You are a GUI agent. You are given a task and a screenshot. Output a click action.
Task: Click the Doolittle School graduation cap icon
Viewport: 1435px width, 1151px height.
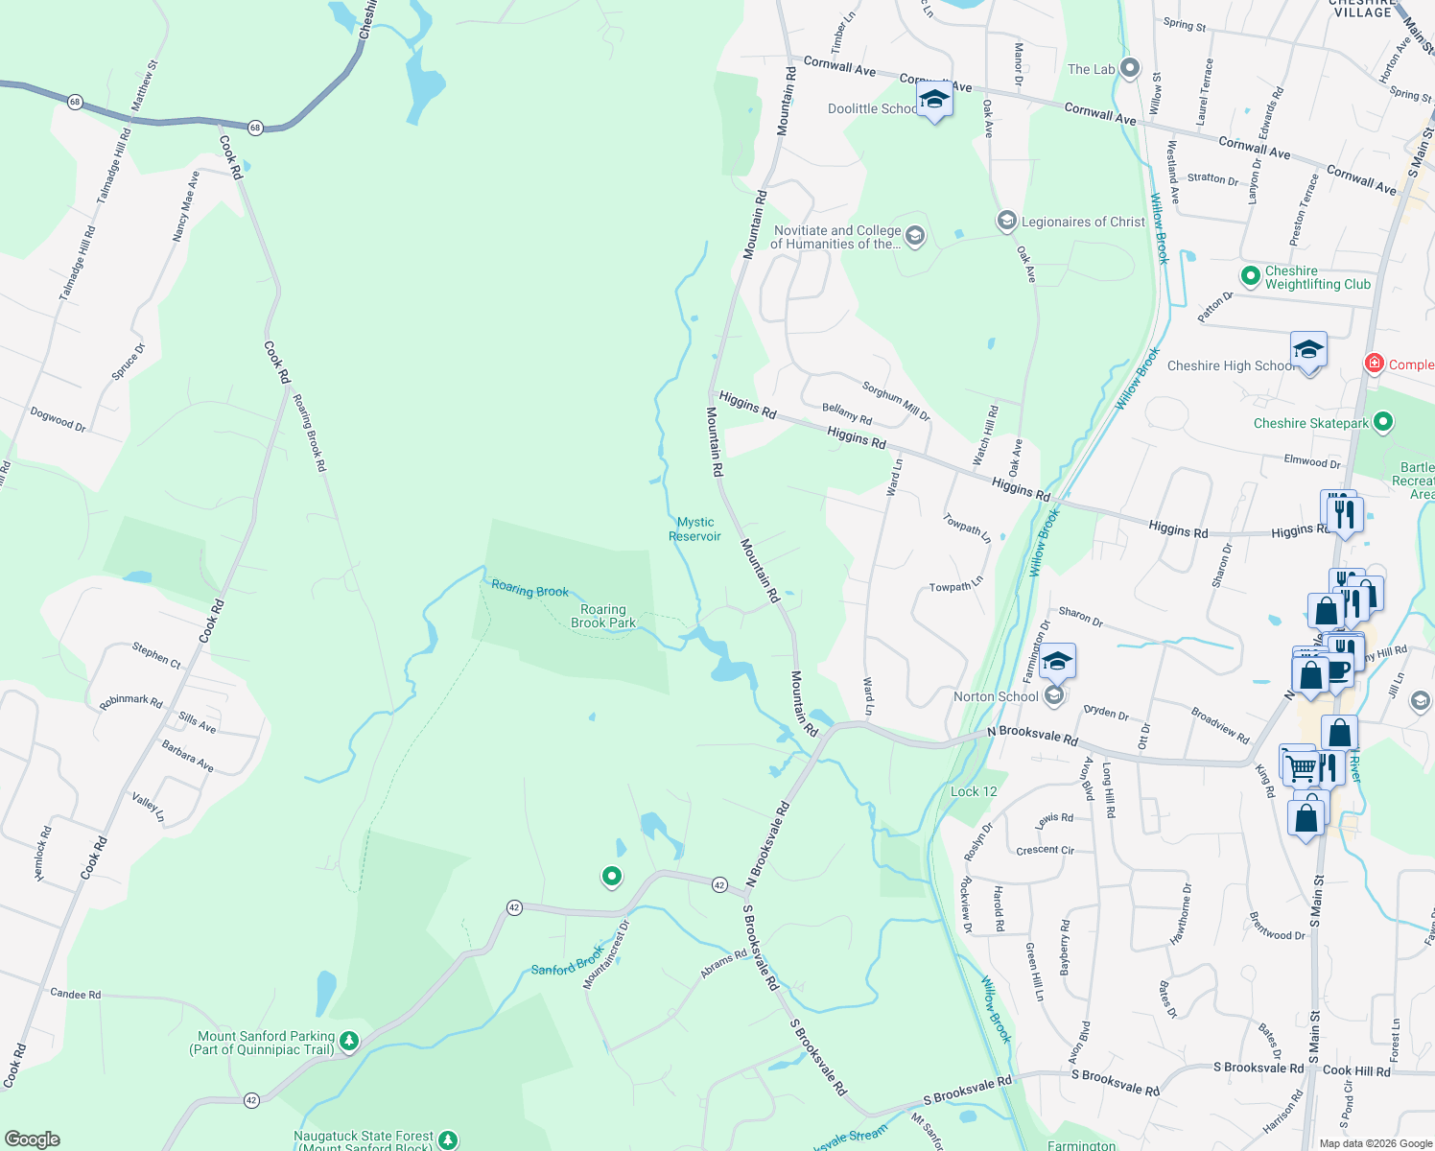pyautogui.click(x=934, y=100)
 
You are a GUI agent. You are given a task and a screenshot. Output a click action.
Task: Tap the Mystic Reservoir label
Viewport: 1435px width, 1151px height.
pyautogui.click(x=694, y=529)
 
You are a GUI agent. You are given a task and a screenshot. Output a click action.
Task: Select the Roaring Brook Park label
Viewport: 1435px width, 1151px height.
pyautogui.click(x=603, y=616)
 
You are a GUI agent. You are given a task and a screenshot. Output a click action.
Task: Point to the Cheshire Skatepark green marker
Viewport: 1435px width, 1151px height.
pyautogui.click(x=1382, y=421)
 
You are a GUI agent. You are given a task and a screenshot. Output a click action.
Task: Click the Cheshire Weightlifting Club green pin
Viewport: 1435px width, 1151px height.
pyautogui.click(x=1250, y=276)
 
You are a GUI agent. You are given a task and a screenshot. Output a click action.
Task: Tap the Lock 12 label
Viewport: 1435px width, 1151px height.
pyautogui.click(x=974, y=791)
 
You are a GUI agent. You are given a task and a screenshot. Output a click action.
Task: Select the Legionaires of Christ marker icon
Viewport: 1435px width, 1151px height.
pyautogui.click(x=1006, y=222)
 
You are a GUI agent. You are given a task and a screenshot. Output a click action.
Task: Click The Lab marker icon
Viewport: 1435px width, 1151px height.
pyautogui.click(x=1130, y=68)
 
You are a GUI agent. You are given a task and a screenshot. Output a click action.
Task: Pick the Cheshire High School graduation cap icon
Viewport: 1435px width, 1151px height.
pyautogui.click(x=1308, y=350)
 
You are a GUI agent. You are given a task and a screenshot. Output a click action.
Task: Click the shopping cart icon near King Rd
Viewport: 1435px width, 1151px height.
pyautogui.click(x=1301, y=766)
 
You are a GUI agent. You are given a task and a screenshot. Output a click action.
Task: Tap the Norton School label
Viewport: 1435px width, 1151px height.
pyautogui.click(x=996, y=696)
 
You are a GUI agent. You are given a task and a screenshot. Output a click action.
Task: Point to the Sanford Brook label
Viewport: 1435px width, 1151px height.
pyautogui.click(x=568, y=961)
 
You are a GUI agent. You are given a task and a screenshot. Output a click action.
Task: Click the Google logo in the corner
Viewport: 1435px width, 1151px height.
pyautogui.click(x=32, y=1139)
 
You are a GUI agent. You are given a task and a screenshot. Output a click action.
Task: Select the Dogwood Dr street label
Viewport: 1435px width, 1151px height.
pyautogui.click(x=58, y=419)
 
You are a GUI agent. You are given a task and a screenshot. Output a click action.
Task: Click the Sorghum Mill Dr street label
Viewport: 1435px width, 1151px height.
pyautogui.click(x=896, y=401)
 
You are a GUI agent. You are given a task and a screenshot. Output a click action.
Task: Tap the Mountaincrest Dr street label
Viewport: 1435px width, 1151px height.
pyautogui.click(x=606, y=954)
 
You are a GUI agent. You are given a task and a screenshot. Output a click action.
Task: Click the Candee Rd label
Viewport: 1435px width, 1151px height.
pyautogui.click(x=75, y=994)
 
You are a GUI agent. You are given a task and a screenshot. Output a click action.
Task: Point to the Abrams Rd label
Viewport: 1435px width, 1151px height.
pyautogui.click(x=723, y=964)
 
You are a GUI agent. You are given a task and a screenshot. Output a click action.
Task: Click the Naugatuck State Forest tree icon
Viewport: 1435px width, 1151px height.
pyautogui.click(x=448, y=1139)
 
